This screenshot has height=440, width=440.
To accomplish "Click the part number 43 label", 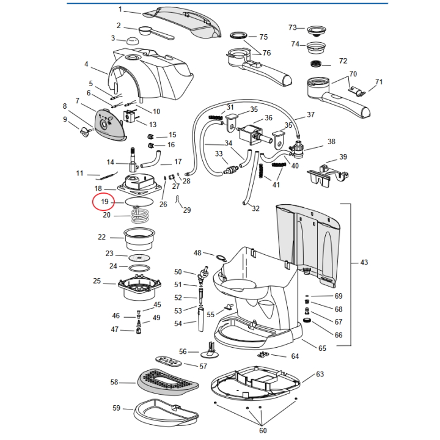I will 364,263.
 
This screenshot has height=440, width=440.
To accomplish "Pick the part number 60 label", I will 263,431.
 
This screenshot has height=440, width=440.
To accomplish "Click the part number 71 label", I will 379,82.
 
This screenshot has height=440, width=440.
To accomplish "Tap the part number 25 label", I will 97,281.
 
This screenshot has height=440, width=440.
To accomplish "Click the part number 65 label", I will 323,348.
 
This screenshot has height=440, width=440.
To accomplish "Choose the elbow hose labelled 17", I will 153,160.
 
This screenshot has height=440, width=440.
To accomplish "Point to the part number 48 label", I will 197,252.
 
